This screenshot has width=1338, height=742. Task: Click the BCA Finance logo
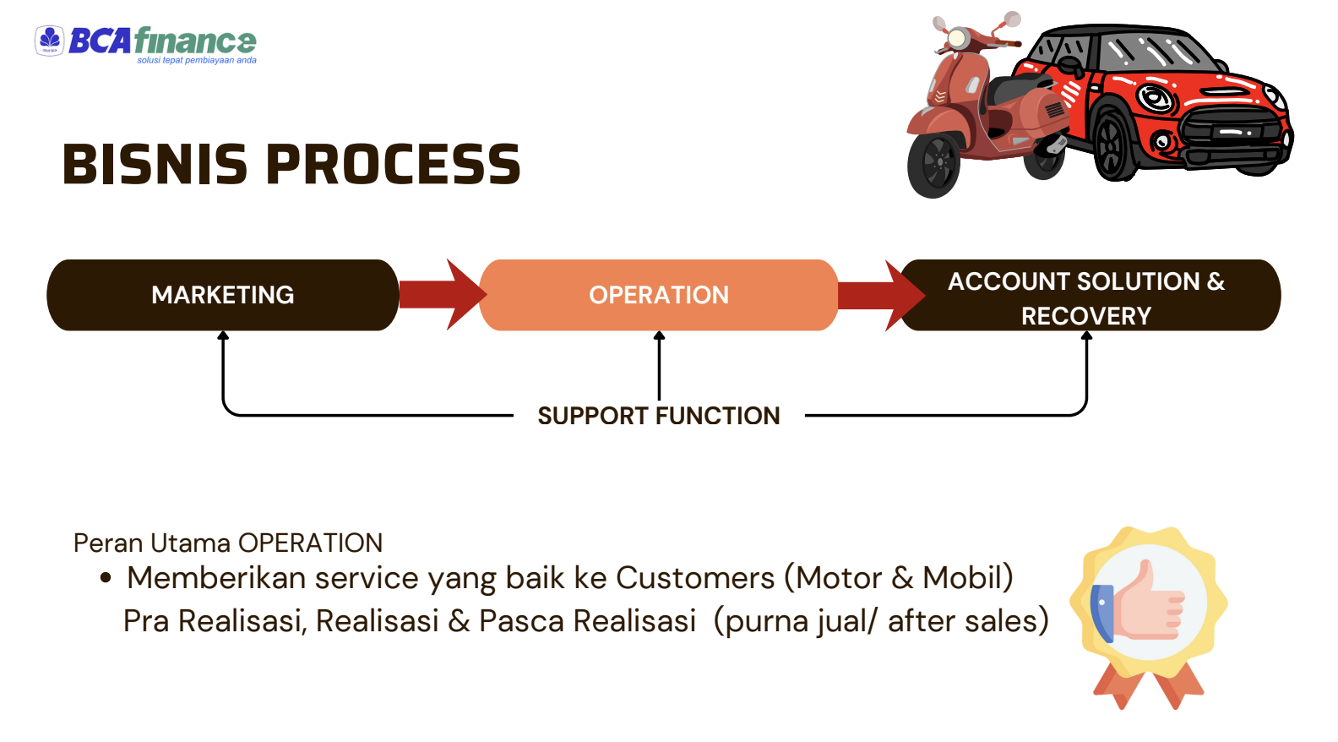click(145, 43)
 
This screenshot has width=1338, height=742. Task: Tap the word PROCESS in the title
click(394, 164)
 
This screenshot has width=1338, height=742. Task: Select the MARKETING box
click(223, 295)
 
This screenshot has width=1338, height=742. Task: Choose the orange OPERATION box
click(659, 295)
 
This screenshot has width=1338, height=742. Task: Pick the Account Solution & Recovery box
click(1090, 296)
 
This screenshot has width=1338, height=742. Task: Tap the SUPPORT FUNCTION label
click(659, 416)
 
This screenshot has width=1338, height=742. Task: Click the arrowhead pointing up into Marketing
click(223, 336)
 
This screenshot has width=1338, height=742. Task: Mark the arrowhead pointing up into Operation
click(659, 336)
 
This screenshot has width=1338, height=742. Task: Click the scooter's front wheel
click(934, 164)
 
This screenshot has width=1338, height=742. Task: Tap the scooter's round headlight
click(958, 38)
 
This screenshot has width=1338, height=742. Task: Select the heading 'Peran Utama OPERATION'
click(228, 543)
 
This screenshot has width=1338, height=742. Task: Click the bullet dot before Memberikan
click(106, 578)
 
